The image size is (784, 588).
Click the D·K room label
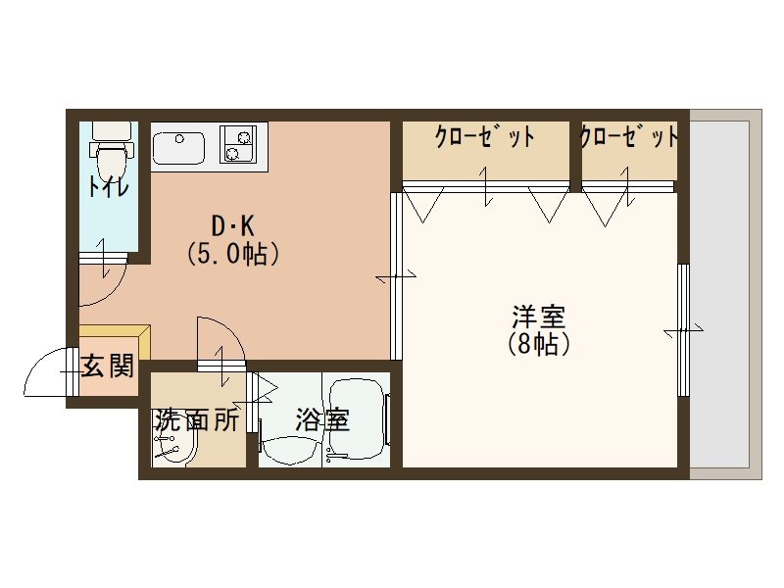pyautogui.click(x=234, y=222)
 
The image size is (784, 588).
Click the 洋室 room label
pyautogui.click(x=538, y=318)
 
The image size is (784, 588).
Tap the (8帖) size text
pyautogui.click(x=538, y=345)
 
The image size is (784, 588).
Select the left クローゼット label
pyautogui.click(x=485, y=137)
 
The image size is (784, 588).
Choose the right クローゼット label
pyautogui.click(x=628, y=137)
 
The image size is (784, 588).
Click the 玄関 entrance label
pyautogui.click(x=107, y=367)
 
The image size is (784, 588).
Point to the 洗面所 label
pyautogui.click(x=196, y=420)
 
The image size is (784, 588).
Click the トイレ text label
pyautogui.click(x=107, y=186)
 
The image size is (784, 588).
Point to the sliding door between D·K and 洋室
pyautogui.click(x=395, y=277)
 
